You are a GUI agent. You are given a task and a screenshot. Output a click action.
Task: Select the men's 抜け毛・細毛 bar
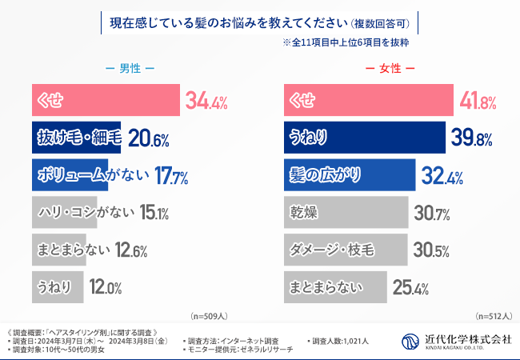coord(77,138)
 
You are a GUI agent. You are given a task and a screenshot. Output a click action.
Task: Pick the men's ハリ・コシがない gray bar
coord(64,212)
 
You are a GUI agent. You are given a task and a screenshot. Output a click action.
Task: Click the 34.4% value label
coord(206,102)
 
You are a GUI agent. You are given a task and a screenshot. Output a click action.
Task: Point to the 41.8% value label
coord(478,102)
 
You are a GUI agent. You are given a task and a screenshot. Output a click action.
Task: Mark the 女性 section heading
coord(390,70)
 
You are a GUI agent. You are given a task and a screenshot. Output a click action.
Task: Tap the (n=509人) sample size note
coord(209,316)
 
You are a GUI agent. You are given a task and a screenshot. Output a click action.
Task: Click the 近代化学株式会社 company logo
coord(457,341)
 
